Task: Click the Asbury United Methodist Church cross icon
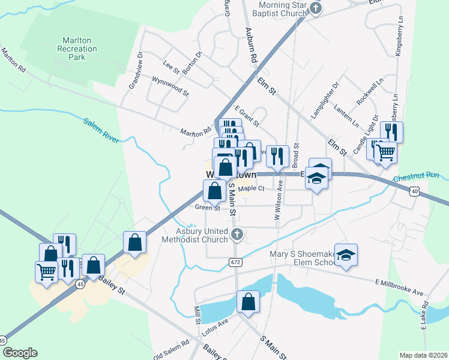click(x=237, y=235)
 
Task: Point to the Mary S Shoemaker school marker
click(x=346, y=256)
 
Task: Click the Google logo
click(x=19, y=353)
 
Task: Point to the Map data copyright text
click(x=423, y=355)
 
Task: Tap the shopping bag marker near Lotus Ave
click(x=248, y=302)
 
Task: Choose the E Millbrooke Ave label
click(x=399, y=287)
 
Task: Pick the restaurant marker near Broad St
click(x=277, y=157)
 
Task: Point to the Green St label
click(x=208, y=208)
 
